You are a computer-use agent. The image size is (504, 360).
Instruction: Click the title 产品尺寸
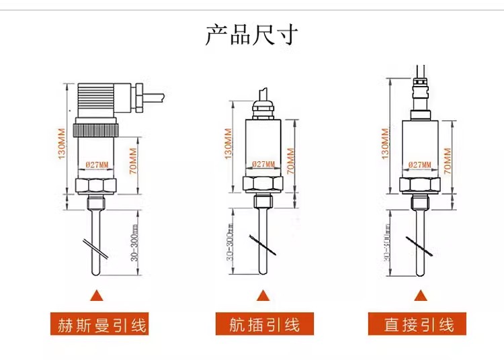[x=252, y=34]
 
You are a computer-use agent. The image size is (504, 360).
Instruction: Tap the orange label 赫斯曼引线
[x=99, y=324]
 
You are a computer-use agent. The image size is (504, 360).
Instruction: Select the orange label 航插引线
[x=264, y=324]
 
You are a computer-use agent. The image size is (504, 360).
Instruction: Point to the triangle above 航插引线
[x=263, y=296]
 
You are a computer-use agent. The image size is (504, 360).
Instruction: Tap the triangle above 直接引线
[x=420, y=296]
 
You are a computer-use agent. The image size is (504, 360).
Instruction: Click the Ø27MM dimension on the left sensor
[x=98, y=163]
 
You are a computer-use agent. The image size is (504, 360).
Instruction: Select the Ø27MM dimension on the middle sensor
[x=263, y=164]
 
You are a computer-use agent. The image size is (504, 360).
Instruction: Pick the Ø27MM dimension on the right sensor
[x=420, y=164]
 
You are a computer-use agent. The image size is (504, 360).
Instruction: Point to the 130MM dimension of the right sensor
[x=386, y=143]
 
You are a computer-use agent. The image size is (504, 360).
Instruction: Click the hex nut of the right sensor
[x=420, y=184]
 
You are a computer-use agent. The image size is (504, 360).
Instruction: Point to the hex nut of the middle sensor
[x=263, y=184]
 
